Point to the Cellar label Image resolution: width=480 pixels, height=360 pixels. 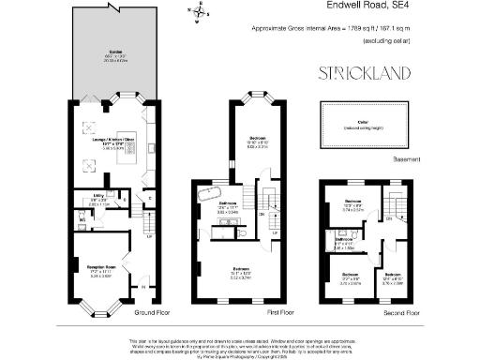coord(364,121)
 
